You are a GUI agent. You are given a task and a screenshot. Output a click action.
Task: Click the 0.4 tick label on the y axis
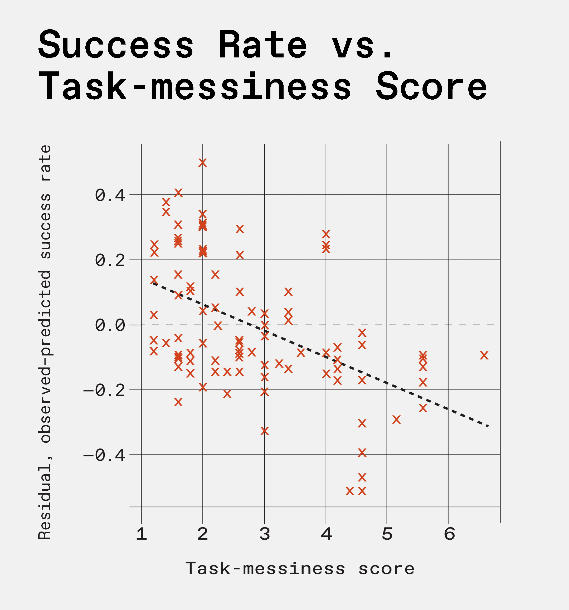coord(110,196)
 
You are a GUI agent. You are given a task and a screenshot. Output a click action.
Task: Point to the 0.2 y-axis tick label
coord(110,261)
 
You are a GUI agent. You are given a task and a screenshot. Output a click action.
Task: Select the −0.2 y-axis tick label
coord(104,390)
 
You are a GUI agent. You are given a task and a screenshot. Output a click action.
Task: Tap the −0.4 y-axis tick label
coord(104,455)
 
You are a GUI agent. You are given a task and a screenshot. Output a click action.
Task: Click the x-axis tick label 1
coord(141,534)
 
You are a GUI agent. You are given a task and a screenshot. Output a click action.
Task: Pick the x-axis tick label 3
coord(265,534)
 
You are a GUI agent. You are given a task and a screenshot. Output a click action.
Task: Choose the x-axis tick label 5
coord(387,534)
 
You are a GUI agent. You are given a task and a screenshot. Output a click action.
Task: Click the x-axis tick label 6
coord(449,534)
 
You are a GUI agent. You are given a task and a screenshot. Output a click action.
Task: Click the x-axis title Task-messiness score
coord(300,569)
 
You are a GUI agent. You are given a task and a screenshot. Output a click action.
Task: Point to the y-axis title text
coord(45,342)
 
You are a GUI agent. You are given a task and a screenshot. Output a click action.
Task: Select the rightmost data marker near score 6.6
coord(484,355)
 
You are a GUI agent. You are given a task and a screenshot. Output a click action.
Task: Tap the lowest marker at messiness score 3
coord(265,431)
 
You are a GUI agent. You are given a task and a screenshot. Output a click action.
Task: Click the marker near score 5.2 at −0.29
coord(397,419)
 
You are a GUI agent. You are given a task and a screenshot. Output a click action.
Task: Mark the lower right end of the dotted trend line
coord(488,426)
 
